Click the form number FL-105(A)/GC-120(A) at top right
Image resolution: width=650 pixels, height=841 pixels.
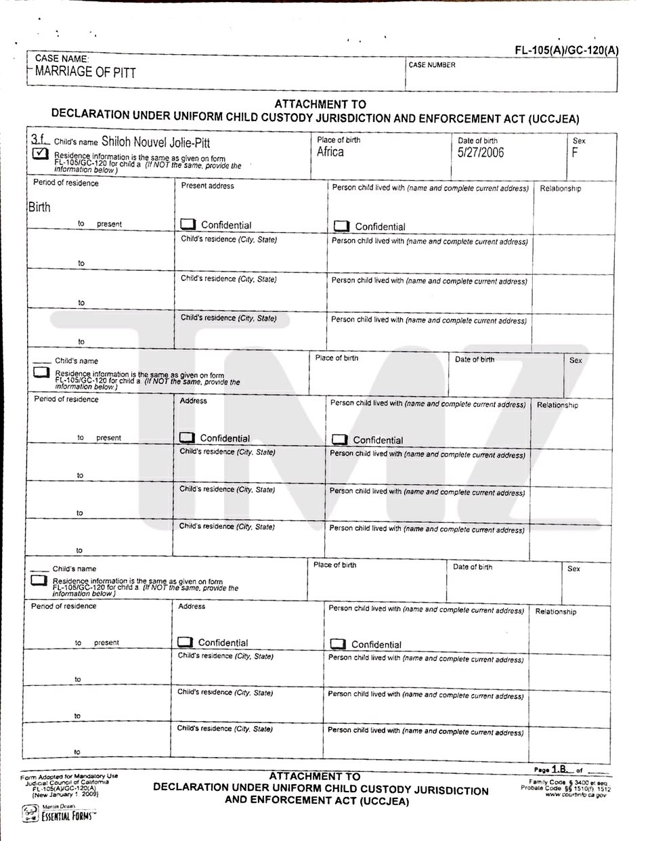click(x=566, y=50)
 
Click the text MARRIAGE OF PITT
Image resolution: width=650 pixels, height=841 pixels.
click(x=85, y=72)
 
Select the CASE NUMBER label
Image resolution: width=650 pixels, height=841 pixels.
click(x=432, y=65)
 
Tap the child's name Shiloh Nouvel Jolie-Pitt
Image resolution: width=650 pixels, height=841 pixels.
click(x=156, y=142)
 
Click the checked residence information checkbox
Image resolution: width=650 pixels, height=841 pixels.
click(x=40, y=154)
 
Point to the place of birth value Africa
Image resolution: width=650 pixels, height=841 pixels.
click(x=330, y=152)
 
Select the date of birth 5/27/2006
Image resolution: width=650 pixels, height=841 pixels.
click(x=481, y=152)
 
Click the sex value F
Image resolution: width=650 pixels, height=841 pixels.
click(x=575, y=152)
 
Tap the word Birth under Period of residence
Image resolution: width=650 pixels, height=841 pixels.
click(x=39, y=207)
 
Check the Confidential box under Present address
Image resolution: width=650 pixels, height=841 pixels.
click(x=188, y=225)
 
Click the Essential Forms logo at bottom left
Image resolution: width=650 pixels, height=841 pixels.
click(x=60, y=813)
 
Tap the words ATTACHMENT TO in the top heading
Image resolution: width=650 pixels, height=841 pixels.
click(x=320, y=104)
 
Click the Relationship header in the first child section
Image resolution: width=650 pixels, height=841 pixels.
click(x=561, y=189)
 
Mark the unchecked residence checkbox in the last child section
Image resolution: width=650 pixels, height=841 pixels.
click(x=39, y=580)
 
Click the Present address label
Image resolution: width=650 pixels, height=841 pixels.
click(x=208, y=186)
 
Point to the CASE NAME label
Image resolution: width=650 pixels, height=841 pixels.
click(x=62, y=59)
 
